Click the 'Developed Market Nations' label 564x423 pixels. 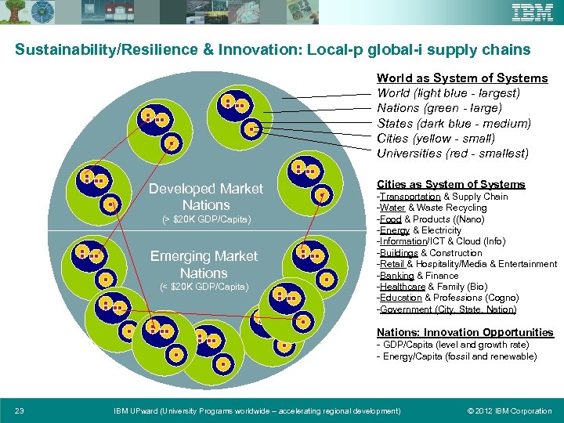(x=206, y=197)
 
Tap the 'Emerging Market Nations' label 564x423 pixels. (x=204, y=265)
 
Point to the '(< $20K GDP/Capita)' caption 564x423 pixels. (x=204, y=287)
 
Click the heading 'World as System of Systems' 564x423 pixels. (x=462, y=78)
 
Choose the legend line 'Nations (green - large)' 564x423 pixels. (x=439, y=108)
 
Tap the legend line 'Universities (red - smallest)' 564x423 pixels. (x=453, y=154)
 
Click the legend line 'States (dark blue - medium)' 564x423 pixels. (x=454, y=123)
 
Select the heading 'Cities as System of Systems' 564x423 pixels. (x=450, y=184)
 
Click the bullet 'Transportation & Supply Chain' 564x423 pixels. (x=443, y=197)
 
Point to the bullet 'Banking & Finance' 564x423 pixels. (x=419, y=276)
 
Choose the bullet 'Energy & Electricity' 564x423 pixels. (x=421, y=230)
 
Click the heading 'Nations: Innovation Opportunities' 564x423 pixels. (x=465, y=332)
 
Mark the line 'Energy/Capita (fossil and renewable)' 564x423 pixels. (x=457, y=356)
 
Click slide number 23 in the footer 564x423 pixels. (x=20, y=410)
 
